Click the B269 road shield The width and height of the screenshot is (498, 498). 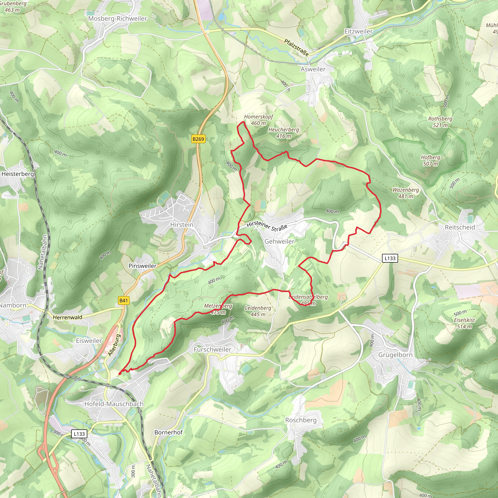[198, 139]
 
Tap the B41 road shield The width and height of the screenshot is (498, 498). [124, 300]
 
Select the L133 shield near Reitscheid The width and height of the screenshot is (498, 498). [390, 258]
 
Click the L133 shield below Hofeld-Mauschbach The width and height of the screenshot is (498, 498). [79, 434]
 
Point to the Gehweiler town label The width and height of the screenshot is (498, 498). [279, 241]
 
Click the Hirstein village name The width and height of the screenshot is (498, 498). [182, 225]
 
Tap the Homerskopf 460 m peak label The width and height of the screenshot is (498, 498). [258, 120]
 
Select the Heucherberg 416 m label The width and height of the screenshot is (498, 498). [284, 133]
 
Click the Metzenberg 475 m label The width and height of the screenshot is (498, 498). [218, 309]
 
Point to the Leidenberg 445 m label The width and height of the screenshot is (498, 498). [258, 311]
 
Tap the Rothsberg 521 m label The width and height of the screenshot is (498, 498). [440, 122]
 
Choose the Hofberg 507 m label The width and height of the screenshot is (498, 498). [430, 160]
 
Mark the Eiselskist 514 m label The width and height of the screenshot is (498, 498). [464, 323]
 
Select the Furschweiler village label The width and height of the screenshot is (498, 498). [212, 349]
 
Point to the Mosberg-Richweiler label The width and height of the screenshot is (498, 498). [117, 18]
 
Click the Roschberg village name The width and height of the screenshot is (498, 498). [301, 420]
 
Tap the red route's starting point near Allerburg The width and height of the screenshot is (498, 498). [120, 373]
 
